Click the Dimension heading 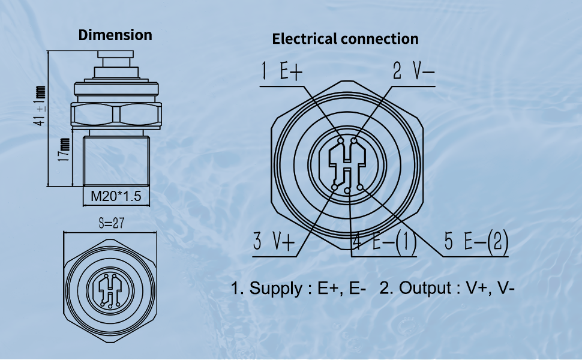pyautogui.click(x=115, y=35)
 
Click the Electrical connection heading pyautogui.click(x=345, y=39)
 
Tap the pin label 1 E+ pyautogui.click(x=283, y=72)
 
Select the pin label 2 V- pyautogui.click(x=413, y=72)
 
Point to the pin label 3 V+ pyautogui.click(x=274, y=242)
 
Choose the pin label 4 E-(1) pyautogui.click(x=384, y=242)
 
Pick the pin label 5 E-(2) pyautogui.click(x=476, y=242)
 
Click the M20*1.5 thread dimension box pyautogui.click(x=115, y=196)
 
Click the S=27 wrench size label pyautogui.click(x=111, y=223)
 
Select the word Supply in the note pyautogui.click(x=277, y=288)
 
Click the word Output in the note pyautogui.click(x=427, y=288)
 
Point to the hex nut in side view pyautogui.click(x=115, y=113)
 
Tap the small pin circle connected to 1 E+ pyautogui.click(x=341, y=142)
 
